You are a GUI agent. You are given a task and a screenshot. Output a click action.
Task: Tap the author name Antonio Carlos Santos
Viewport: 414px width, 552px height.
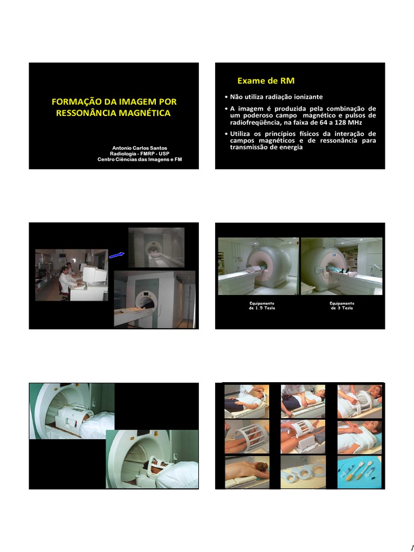[x=139, y=148]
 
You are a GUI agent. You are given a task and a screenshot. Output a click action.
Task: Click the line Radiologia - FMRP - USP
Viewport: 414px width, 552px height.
[x=139, y=154]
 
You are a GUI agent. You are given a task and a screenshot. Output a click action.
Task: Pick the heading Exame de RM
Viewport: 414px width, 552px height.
[x=258, y=81]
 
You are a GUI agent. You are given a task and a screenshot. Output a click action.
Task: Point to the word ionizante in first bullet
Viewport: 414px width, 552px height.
[x=306, y=97]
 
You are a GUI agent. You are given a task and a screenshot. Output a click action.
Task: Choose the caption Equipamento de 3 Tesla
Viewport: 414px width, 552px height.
[x=342, y=306]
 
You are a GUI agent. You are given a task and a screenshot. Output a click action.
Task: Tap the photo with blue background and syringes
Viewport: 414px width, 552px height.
[x=360, y=472]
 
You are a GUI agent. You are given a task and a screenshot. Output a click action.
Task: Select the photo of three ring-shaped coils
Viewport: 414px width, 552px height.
[x=303, y=472]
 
